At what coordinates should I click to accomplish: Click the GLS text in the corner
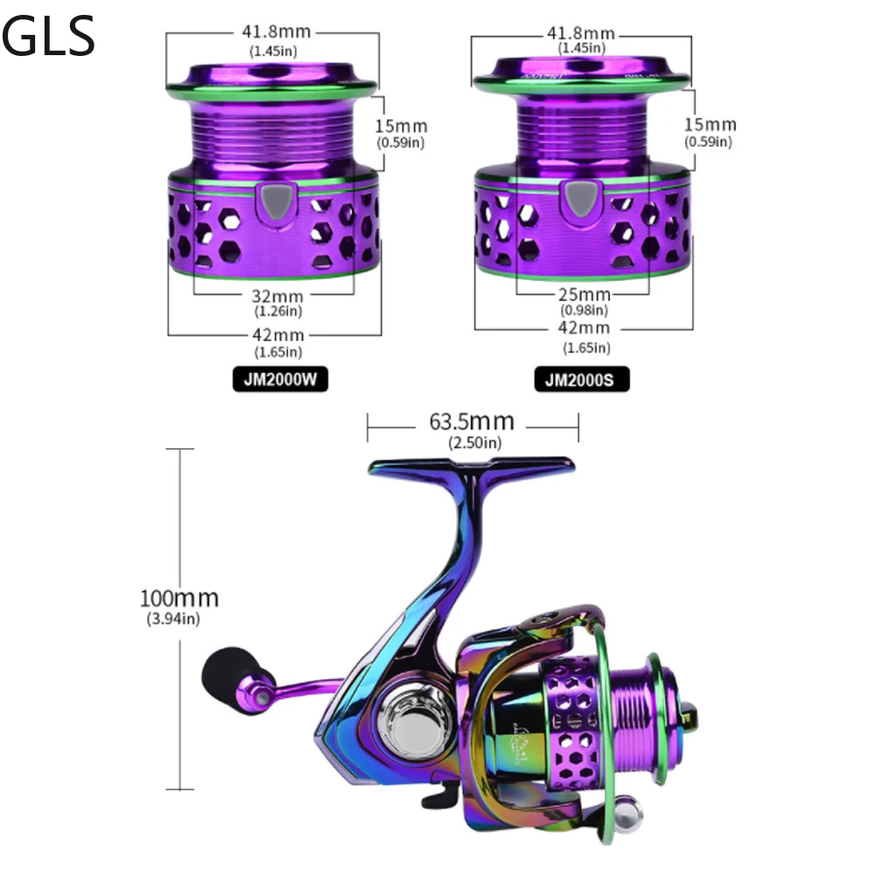48,38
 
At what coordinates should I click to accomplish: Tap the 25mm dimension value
584,295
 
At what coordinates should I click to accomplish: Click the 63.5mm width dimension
472,423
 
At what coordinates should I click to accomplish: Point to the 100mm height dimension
178,598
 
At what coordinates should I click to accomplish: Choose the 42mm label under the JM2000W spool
278,335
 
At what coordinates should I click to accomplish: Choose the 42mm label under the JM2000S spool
584,328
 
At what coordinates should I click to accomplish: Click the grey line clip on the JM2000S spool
579,199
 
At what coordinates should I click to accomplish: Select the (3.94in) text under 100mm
173,619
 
